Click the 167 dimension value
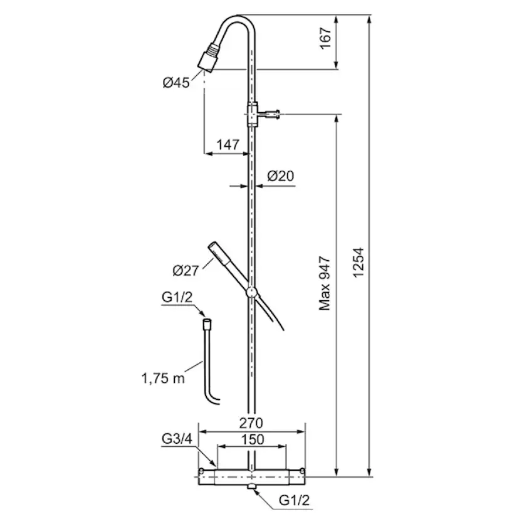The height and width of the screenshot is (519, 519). [326, 38]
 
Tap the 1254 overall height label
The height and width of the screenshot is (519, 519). [358, 263]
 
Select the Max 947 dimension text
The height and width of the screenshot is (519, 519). [325, 283]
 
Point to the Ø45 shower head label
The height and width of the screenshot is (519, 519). [176, 82]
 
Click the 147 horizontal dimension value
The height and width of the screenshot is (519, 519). [228, 145]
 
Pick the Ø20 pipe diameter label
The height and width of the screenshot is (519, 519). [280, 176]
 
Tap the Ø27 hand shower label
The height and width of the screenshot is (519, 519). [186, 271]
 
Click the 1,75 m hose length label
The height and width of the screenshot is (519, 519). [163, 378]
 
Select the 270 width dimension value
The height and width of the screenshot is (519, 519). [251, 423]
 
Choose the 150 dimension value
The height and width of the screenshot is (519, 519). [252, 439]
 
